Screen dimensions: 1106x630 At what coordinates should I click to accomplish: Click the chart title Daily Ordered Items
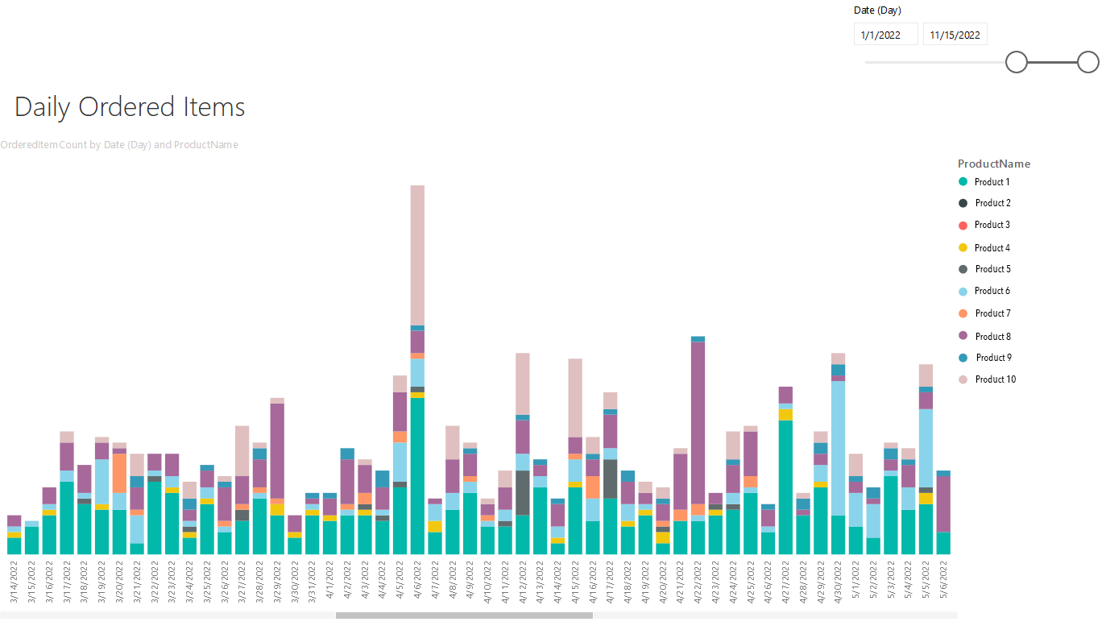click(130, 107)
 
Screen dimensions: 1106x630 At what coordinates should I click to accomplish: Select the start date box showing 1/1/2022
click(886, 35)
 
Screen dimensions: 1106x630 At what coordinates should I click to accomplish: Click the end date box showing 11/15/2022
click(955, 35)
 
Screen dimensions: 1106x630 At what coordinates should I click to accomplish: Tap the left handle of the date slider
click(1016, 62)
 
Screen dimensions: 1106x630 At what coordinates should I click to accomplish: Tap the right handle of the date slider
click(1087, 62)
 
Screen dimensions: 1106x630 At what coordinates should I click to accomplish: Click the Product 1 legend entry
click(984, 182)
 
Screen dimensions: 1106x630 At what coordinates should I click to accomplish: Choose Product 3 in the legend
click(984, 225)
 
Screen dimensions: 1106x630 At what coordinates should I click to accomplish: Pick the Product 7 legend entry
click(984, 313)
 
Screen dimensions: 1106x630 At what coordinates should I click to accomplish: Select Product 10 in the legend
click(987, 379)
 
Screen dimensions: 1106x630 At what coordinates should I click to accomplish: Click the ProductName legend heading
click(994, 164)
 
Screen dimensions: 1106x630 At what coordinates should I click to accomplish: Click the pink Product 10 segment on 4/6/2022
click(417, 255)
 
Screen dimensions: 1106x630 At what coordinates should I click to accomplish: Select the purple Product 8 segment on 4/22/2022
click(698, 423)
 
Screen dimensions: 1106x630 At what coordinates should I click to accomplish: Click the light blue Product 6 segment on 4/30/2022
click(838, 448)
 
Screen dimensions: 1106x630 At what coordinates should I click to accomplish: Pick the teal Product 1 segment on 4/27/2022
click(785, 487)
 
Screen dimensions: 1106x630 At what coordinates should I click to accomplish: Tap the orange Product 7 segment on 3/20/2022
click(119, 473)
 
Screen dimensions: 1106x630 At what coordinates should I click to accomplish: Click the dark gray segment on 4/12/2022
click(522, 493)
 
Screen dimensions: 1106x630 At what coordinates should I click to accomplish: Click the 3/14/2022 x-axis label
click(14, 582)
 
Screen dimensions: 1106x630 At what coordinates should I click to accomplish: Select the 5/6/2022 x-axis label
click(943, 579)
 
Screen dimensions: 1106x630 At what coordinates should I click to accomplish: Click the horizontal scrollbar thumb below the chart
click(464, 615)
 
